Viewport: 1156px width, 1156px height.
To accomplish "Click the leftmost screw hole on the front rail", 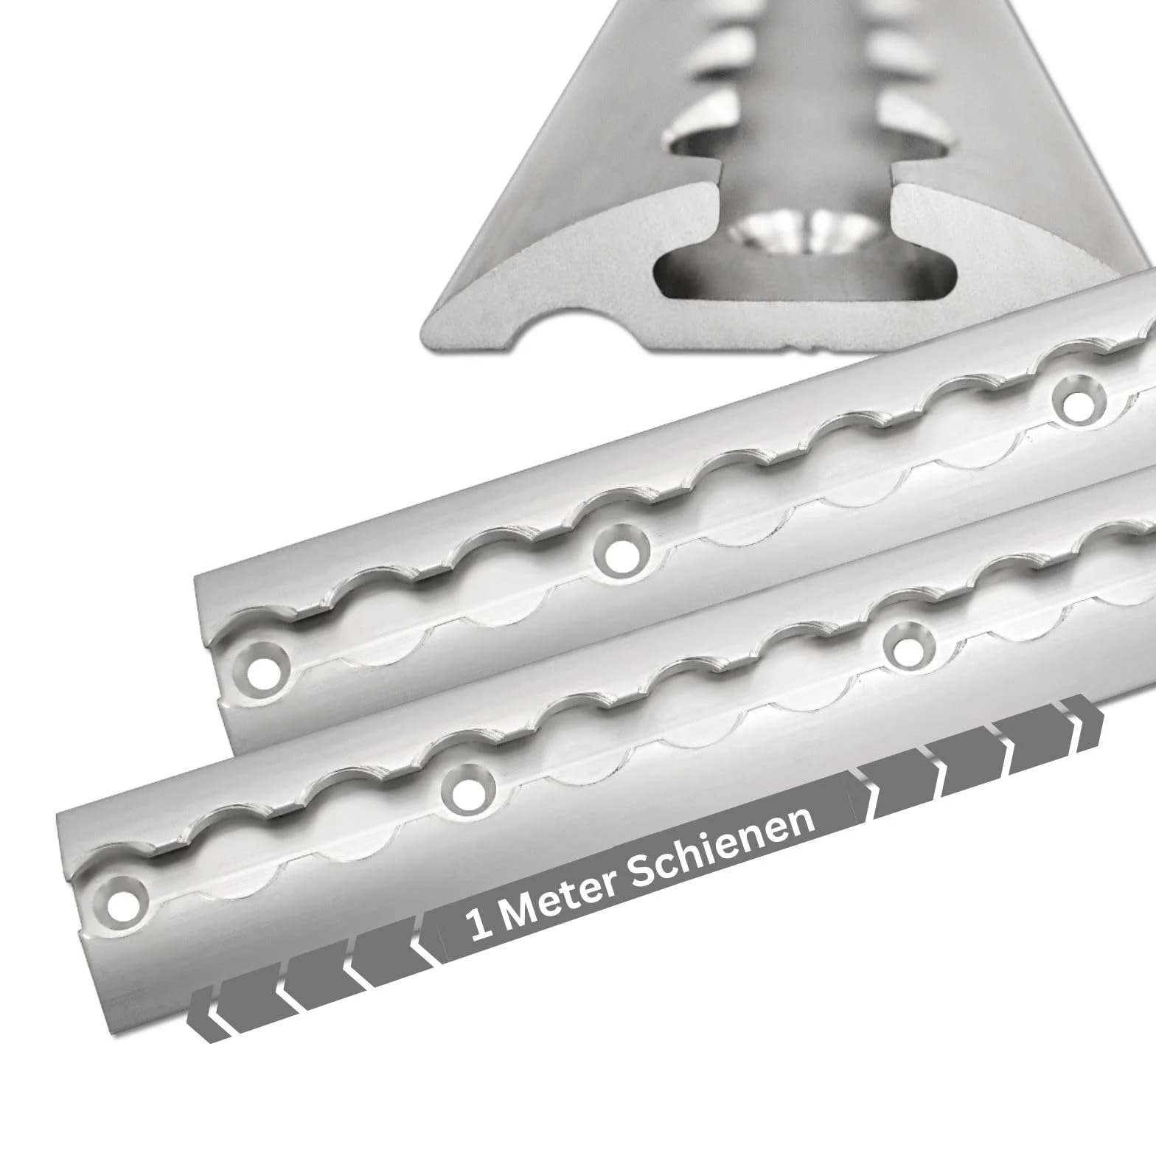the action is coord(118,901).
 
